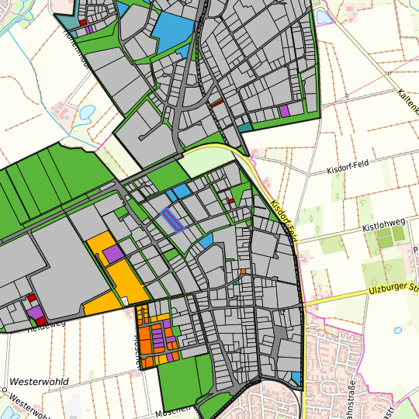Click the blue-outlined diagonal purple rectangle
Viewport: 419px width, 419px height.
(x=171, y=220)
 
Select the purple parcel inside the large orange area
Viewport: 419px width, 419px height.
(x=113, y=254)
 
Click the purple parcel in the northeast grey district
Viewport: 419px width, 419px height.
(x=284, y=111)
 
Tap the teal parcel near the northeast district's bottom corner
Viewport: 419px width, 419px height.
(x=244, y=126)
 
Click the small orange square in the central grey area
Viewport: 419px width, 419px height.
(x=243, y=272)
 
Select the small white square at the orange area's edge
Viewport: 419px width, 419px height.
(x=123, y=300)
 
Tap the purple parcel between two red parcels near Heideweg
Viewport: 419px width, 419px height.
(x=35, y=312)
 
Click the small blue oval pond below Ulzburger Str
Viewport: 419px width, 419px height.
(x=398, y=331)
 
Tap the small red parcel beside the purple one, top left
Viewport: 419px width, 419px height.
(x=82, y=23)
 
